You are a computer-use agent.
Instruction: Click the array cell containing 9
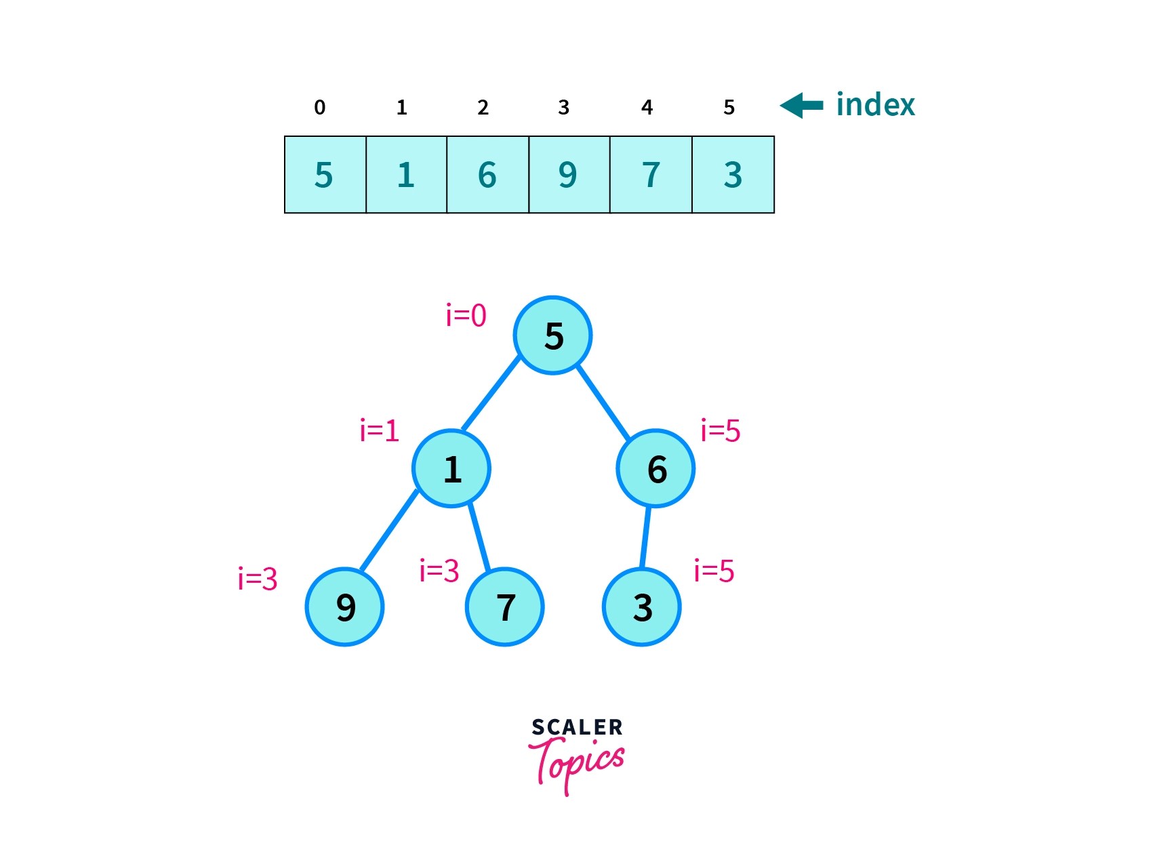click(x=569, y=175)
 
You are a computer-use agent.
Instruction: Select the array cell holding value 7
click(x=651, y=175)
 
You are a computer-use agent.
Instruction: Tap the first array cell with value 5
click(x=325, y=175)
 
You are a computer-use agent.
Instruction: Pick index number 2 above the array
click(x=483, y=107)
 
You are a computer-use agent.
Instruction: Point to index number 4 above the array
click(x=647, y=107)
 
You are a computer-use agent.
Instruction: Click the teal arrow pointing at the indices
click(x=801, y=105)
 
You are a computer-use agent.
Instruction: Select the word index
click(x=875, y=104)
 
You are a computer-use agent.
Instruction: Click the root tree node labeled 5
click(x=553, y=335)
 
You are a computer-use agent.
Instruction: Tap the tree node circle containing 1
click(x=451, y=468)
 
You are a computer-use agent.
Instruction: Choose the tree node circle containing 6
click(x=655, y=468)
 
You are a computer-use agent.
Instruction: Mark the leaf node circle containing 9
click(x=345, y=607)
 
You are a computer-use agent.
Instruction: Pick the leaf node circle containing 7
click(x=505, y=607)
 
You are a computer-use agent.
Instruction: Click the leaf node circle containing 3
click(x=642, y=607)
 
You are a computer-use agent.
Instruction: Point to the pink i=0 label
click(x=466, y=315)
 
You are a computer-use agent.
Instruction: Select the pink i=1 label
click(x=379, y=430)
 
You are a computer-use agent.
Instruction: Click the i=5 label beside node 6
click(x=721, y=430)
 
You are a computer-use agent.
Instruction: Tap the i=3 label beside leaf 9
click(x=258, y=579)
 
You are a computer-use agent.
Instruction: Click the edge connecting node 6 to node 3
click(x=646, y=537)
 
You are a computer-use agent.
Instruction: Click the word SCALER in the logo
click(x=577, y=727)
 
